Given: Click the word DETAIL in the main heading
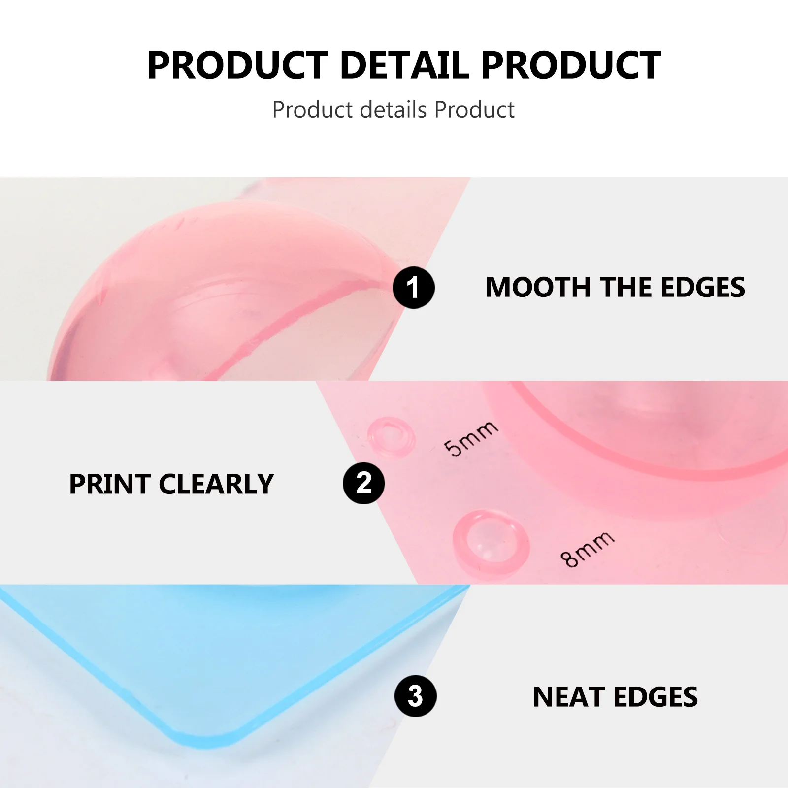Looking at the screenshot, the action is click(x=404, y=65).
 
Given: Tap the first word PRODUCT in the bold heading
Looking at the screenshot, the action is click(x=238, y=65).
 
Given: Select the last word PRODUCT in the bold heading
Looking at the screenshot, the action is click(x=571, y=65).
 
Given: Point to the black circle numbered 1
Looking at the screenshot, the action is click(x=414, y=288).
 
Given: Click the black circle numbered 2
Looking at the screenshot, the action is click(x=364, y=483).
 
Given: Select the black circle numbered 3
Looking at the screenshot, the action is click(x=415, y=696).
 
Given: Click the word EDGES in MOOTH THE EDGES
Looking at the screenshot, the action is click(x=703, y=287).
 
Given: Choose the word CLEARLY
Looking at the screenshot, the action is click(x=216, y=484).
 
